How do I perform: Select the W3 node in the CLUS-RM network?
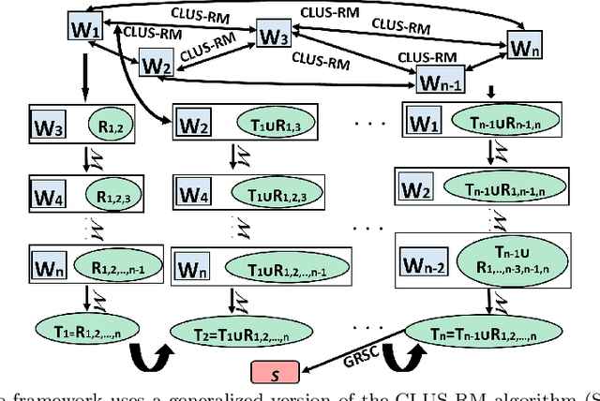click(x=274, y=37)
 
